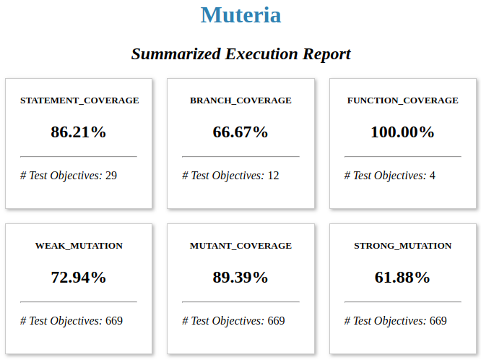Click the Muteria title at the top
[x=240, y=15]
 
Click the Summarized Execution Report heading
[x=240, y=54]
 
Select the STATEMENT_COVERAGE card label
[x=79, y=100]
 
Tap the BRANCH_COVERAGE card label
[x=240, y=100]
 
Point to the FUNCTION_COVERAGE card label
[x=402, y=100]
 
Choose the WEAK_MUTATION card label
[x=79, y=246]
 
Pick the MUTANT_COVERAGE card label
[x=240, y=246]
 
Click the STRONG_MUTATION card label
[x=402, y=246]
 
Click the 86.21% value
[x=79, y=132]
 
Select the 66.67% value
[x=240, y=132]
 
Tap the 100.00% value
[x=402, y=132]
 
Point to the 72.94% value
[x=79, y=278]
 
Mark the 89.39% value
[x=240, y=278]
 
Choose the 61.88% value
[x=402, y=278]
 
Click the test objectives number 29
[x=111, y=176]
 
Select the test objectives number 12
[x=273, y=176]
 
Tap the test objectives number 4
[x=432, y=176]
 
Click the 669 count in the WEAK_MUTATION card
[x=114, y=321]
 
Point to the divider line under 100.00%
[x=402, y=156]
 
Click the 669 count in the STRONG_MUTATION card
[x=438, y=321]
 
